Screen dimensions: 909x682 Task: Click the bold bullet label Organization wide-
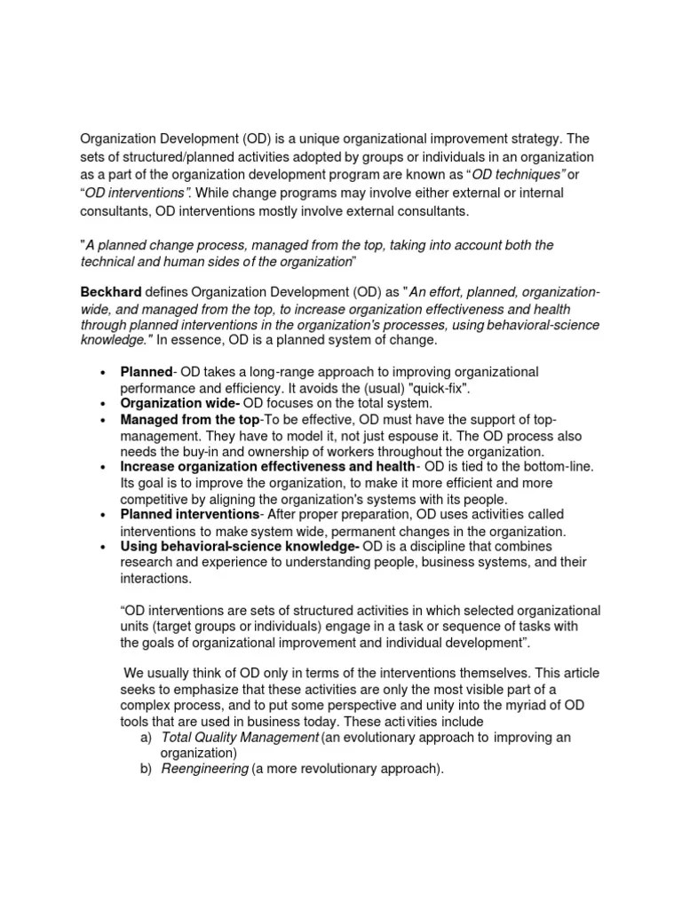coord(169,403)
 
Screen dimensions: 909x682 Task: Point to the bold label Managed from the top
coord(190,419)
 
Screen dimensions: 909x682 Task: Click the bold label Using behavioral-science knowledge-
coord(240,547)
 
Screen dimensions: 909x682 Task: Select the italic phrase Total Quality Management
coord(240,737)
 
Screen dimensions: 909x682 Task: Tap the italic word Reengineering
coord(204,769)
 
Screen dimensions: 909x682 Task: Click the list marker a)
coord(146,737)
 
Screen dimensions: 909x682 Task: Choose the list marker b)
coord(146,769)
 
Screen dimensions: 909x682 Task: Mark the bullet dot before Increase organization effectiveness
coord(105,467)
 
